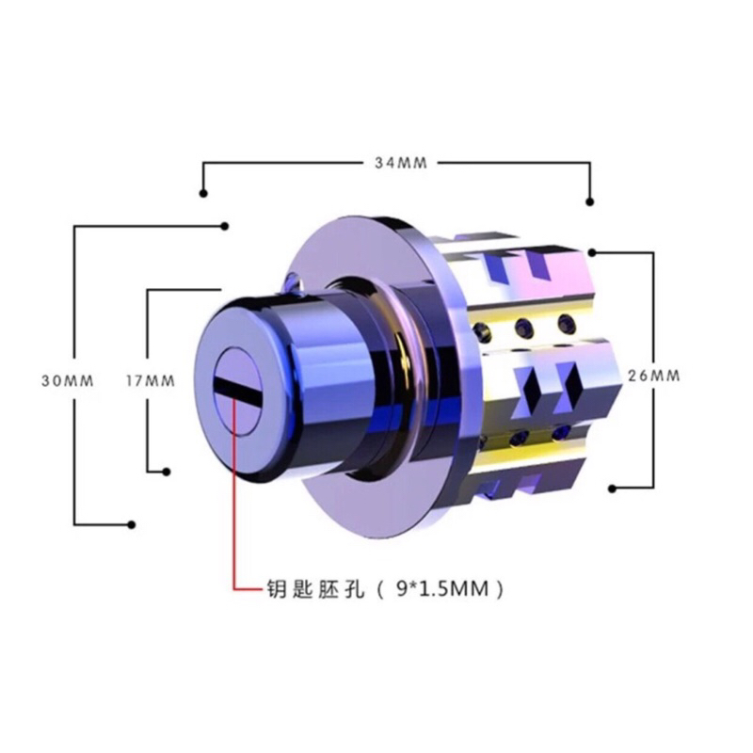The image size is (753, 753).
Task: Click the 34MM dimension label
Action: [x=401, y=163]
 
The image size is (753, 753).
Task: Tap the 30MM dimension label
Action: [x=67, y=381]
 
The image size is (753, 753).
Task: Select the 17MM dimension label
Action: [x=151, y=381]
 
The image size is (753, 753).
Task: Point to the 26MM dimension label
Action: [x=654, y=376]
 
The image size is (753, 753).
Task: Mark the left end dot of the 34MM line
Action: [x=203, y=193]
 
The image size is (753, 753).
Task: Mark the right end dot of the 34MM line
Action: [x=590, y=201]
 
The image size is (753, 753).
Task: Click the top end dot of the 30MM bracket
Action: [x=224, y=226]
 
